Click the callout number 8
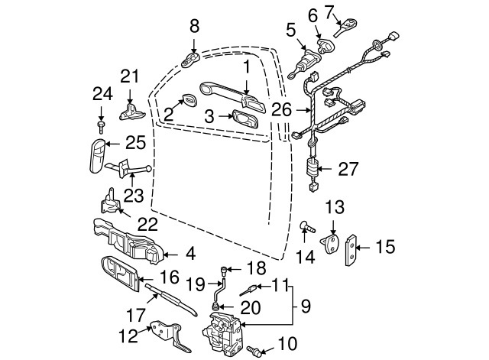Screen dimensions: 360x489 194,26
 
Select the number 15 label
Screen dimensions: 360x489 386,246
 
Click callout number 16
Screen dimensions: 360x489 169,277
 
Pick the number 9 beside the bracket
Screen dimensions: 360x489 305,307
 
